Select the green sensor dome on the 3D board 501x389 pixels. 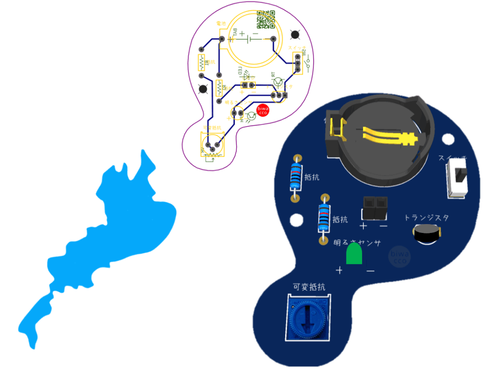tap(354, 254)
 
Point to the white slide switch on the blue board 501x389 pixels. tap(458, 180)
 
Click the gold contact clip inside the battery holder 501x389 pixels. tap(387, 136)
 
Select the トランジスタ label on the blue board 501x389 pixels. tap(426, 218)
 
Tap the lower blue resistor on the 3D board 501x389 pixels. tap(324, 219)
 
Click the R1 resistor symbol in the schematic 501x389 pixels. tap(201, 62)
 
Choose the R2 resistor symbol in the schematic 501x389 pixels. tap(218, 89)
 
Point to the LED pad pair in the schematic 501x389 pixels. tap(248, 85)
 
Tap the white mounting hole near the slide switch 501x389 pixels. tap(447, 139)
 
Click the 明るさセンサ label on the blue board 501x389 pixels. tap(358, 242)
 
